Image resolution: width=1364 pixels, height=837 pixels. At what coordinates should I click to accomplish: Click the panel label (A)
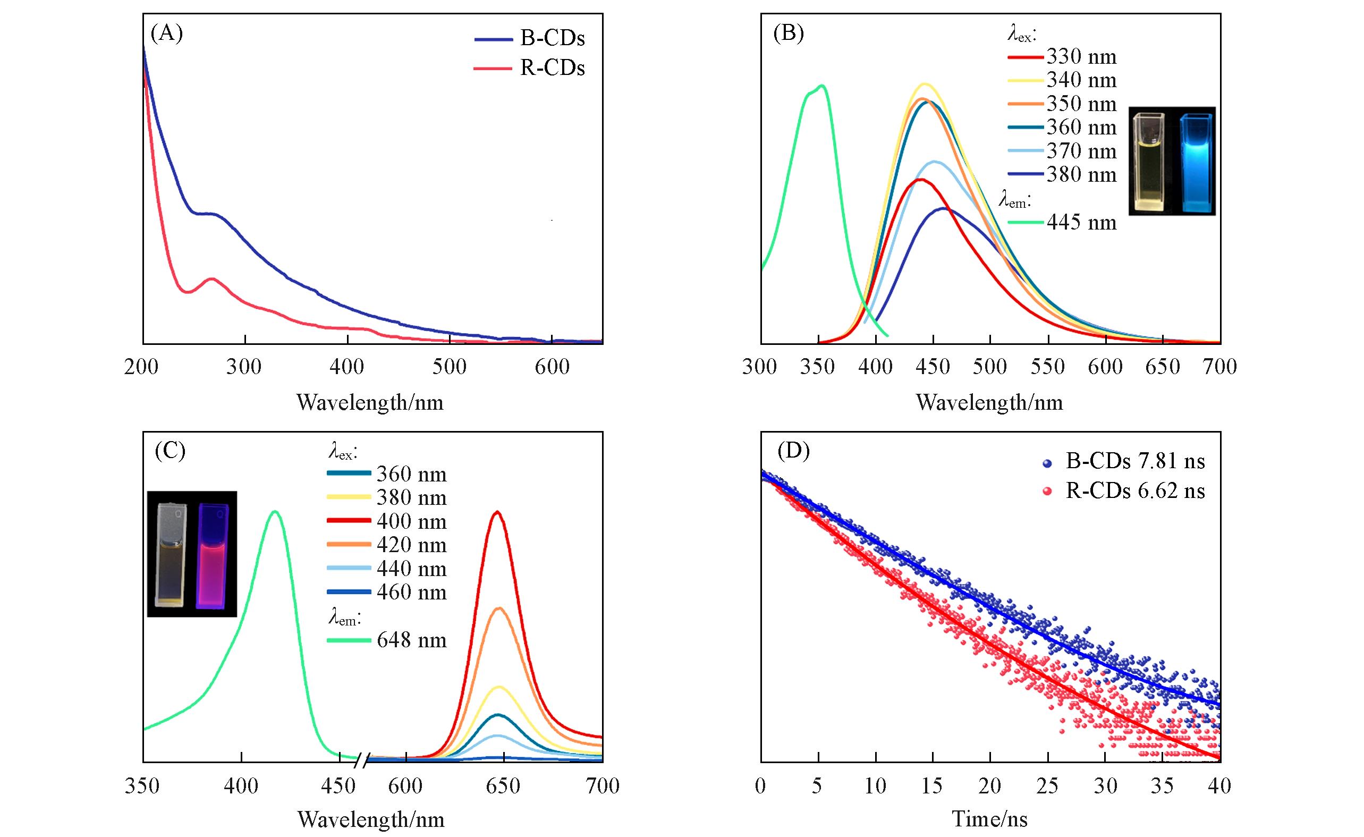pyautogui.click(x=167, y=35)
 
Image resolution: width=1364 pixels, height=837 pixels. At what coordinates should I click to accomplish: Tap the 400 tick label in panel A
pyautogui.click(x=347, y=367)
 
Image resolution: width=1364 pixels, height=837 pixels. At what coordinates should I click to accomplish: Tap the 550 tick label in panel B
pyautogui.click(x=1047, y=367)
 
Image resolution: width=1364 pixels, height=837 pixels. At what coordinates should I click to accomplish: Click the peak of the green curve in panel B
pyautogui.click(x=822, y=86)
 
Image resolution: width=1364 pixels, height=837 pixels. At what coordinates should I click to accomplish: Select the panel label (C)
pyautogui.click(x=170, y=452)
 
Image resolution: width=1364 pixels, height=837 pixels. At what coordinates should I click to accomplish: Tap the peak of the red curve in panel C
pyautogui.click(x=497, y=512)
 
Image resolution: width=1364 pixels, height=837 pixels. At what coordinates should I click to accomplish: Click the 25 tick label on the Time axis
pyautogui.click(x=1047, y=786)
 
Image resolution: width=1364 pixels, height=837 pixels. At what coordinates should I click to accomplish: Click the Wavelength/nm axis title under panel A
pyautogui.click(x=370, y=402)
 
